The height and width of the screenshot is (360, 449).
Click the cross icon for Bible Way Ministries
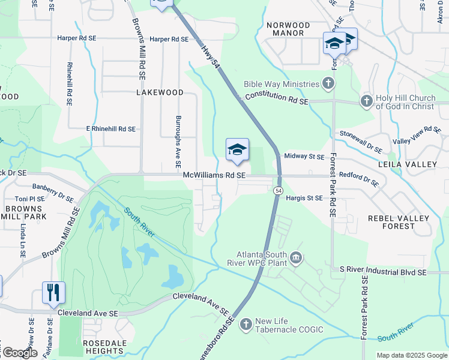click(x=328, y=83)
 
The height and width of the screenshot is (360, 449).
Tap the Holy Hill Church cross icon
click(x=366, y=101)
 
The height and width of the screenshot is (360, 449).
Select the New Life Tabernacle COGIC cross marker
click(x=246, y=325)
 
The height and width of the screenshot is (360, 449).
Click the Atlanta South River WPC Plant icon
click(x=295, y=258)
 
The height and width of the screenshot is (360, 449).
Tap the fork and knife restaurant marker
click(x=53, y=293)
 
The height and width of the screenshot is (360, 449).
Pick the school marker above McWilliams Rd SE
click(x=237, y=150)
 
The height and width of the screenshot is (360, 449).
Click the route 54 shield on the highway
click(x=279, y=190)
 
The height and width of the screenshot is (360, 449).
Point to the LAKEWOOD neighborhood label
click(x=160, y=93)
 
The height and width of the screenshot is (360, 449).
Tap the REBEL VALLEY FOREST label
click(x=399, y=222)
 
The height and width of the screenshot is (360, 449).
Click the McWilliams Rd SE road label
click(x=215, y=175)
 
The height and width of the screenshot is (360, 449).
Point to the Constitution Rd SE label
click(x=277, y=99)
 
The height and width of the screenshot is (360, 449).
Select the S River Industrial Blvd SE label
click(x=382, y=272)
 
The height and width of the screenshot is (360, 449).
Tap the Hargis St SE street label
click(x=304, y=197)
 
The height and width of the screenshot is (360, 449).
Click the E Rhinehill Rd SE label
click(x=110, y=129)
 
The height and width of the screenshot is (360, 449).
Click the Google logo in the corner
click(x=19, y=353)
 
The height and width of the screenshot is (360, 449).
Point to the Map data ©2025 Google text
click(x=411, y=355)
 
